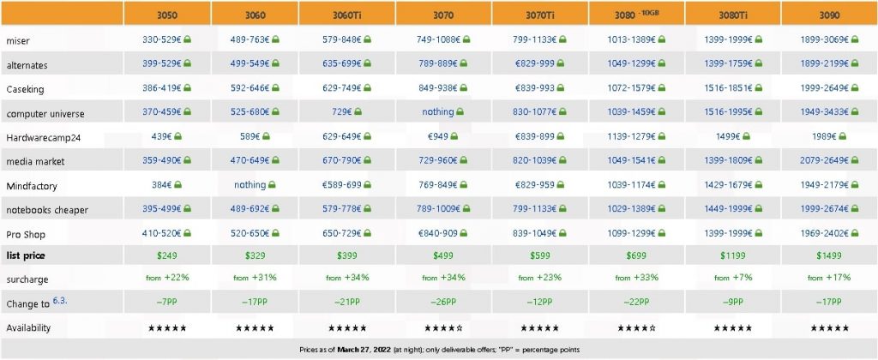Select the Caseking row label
click(22, 88)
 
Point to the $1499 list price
click(828, 255)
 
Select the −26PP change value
click(443, 303)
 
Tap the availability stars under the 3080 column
click(636, 328)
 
